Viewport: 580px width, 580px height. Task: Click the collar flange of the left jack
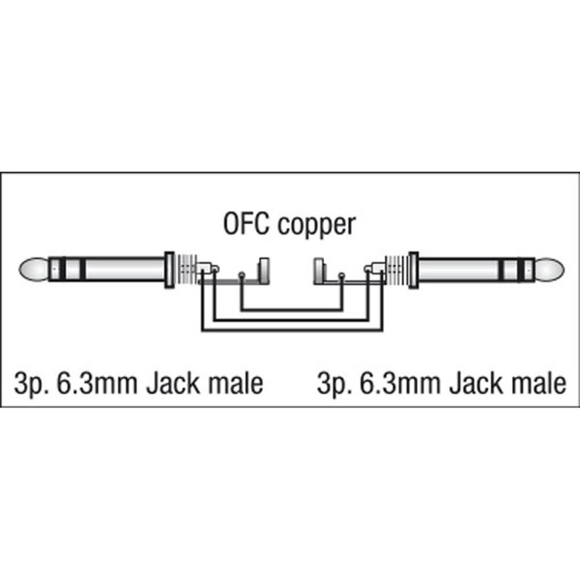168,270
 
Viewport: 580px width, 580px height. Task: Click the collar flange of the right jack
413,270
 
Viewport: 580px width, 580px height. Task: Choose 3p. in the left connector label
32,384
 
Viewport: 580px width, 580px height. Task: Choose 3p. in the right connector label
335,384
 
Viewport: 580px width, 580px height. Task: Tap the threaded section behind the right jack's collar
396,270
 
